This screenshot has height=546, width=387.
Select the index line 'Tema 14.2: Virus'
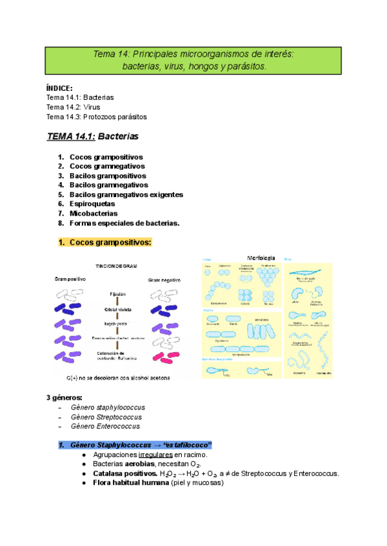pos(73,107)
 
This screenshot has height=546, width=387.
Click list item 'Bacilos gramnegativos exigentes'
pos(126,194)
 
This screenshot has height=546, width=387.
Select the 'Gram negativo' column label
pos(164,280)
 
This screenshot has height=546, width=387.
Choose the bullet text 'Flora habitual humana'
pos(126,483)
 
